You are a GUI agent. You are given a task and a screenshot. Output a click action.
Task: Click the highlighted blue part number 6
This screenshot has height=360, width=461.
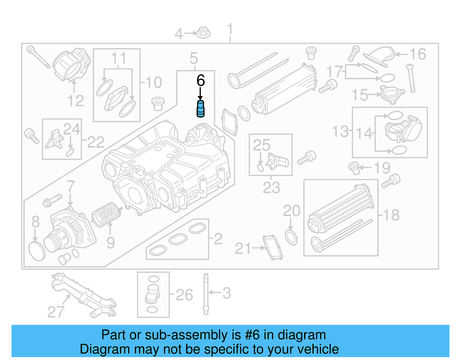point(200,109)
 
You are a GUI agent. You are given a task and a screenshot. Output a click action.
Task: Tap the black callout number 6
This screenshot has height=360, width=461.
point(201,80)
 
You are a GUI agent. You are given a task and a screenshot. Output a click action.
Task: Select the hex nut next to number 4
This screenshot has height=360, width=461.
point(203,33)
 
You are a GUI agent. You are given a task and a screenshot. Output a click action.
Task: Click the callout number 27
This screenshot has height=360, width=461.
point(56,312)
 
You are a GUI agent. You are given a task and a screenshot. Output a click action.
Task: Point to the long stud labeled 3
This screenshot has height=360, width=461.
point(206,294)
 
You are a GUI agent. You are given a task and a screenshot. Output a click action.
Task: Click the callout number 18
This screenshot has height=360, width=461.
point(391,215)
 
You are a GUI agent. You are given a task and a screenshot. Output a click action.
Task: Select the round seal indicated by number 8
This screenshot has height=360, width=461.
point(37,251)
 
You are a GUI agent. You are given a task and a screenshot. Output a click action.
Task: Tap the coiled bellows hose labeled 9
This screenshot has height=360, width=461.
point(106,215)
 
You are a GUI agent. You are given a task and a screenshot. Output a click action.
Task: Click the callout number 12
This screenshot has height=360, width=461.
point(75,101)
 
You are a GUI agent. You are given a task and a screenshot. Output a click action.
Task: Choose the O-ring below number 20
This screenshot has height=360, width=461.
point(291,238)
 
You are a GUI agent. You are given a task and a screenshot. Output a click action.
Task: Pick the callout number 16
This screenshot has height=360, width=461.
point(417,54)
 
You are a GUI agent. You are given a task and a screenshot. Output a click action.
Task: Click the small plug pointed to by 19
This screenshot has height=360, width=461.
point(354,168)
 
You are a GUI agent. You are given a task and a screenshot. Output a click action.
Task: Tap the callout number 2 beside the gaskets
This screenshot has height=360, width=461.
point(218,239)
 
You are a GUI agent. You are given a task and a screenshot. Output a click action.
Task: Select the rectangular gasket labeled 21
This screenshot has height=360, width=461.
point(272,247)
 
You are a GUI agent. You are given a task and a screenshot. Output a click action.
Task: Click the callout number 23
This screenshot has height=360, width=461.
point(271,188)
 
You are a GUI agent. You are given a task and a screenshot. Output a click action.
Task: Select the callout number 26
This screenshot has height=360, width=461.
point(184,295)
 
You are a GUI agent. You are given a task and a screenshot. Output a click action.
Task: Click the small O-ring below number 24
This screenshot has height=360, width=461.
point(70,152)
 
